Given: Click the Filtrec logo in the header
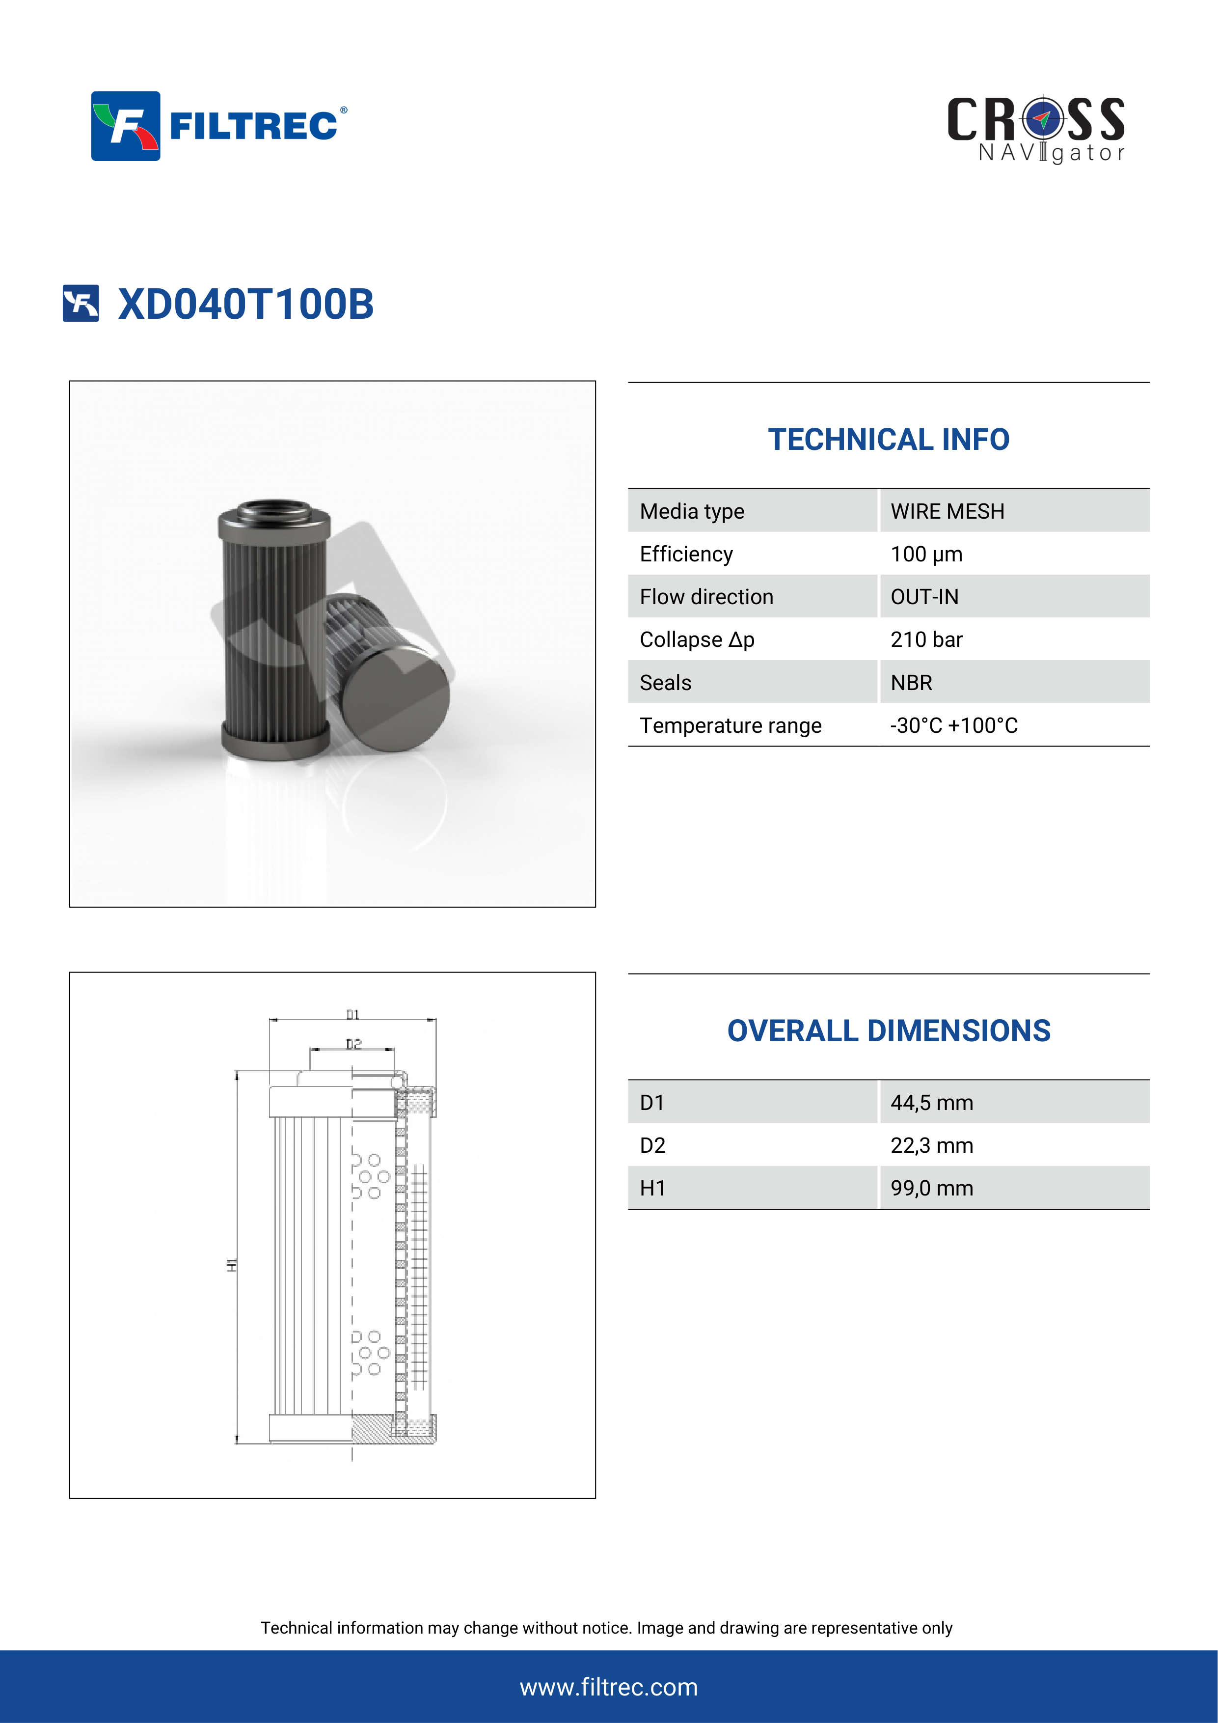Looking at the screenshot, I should [x=218, y=126].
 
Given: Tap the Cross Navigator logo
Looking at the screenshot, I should [x=1036, y=129].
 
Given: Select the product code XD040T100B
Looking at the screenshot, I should [x=245, y=304].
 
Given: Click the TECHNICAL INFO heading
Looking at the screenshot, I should [x=888, y=440].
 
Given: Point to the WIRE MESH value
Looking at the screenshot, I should [x=947, y=511].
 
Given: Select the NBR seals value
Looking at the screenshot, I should [x=911, y=683].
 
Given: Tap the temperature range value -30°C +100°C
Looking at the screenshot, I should [x=953, y=725].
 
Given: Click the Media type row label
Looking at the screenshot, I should [x=692, y=511].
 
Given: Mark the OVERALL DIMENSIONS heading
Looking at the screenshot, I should [x=888, y=1031].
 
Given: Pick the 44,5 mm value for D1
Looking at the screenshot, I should [x=931, y=1102].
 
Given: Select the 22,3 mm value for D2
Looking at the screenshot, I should [x=931, y=1145].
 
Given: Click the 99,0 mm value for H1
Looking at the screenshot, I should [x=931, y=1188].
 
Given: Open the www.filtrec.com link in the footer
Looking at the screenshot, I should [x=608, y=1687].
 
